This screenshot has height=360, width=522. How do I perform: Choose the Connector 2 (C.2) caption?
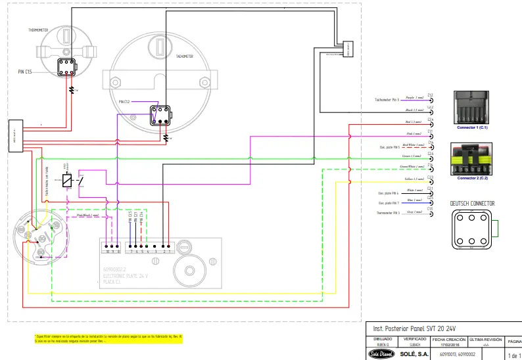(472, 179)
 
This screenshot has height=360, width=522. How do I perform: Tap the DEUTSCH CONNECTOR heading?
(472, 204)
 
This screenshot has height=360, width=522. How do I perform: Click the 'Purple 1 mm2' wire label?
(414, 97)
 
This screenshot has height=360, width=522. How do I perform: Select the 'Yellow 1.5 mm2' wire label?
(414, 179)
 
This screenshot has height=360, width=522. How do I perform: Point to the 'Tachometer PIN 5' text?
(387, 100)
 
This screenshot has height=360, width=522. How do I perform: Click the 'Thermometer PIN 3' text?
(387, 214)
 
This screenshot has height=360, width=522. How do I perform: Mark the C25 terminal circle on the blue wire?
(431, 203)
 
